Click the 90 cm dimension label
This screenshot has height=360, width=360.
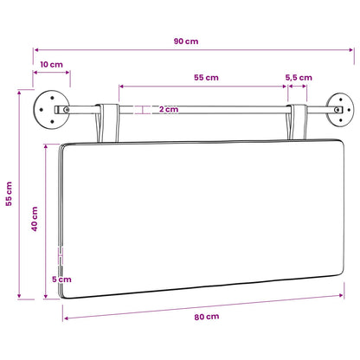coord(186,42)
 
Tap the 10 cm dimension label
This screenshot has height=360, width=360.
coord(51,64)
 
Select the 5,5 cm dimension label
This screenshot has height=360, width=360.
coord(299,78)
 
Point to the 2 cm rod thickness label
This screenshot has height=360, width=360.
coord(169,109)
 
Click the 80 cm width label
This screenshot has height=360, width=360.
coord(207,317)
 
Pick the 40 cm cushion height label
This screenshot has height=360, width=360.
coord(35,219)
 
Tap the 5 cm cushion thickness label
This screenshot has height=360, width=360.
coord(61,280)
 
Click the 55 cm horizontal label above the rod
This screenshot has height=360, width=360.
coord(206,78)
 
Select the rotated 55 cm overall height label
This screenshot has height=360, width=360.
coord(9,194)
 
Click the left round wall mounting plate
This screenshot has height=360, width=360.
coord(51,110)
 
